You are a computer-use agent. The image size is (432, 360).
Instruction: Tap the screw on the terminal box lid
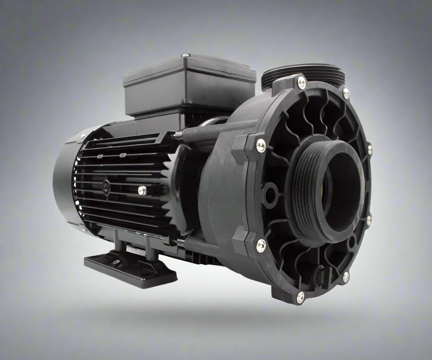point(186,56)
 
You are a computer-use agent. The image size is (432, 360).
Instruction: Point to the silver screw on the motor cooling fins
point(142,189)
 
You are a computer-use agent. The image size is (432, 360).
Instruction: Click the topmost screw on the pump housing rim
point(301,82)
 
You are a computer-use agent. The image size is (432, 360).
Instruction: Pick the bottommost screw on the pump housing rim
point(300,296)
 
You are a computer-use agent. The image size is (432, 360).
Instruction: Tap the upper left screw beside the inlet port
point(261,145)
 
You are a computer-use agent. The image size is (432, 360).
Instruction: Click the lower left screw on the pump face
point(261,245)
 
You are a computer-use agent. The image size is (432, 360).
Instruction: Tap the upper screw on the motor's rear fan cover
point(83,136)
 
